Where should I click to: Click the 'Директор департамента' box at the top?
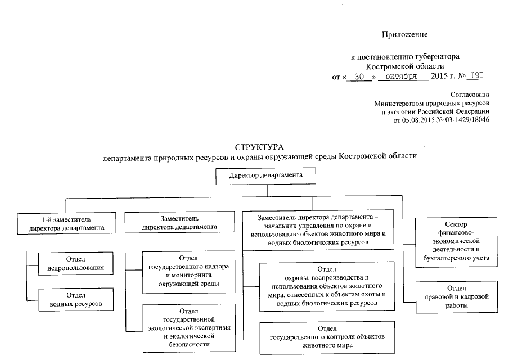tap(267, 175)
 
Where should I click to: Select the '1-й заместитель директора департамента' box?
tap(67, 224)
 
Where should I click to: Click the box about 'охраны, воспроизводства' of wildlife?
tap(327, 287)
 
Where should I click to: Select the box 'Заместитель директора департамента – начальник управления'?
tap(318, 229)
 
